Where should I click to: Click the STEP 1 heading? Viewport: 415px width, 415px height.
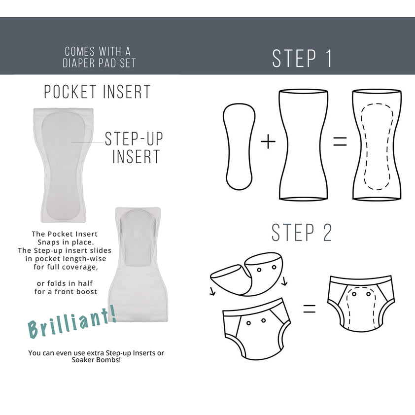[x=302, y=58]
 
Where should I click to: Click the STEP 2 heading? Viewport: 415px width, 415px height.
[x=302, y=233]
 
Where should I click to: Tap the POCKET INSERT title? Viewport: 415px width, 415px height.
[x=97, y=92]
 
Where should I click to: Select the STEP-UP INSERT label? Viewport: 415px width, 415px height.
[x=134, y=147]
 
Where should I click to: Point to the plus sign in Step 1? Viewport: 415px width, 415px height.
[x=268, y=142]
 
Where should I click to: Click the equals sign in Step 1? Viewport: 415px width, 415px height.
[x=340, y=142]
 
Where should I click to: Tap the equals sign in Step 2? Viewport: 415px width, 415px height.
[x=309, y=310]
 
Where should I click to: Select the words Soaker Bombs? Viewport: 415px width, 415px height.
[x=96, y=360]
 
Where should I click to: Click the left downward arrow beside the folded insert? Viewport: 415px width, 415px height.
[x=212, y=292]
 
